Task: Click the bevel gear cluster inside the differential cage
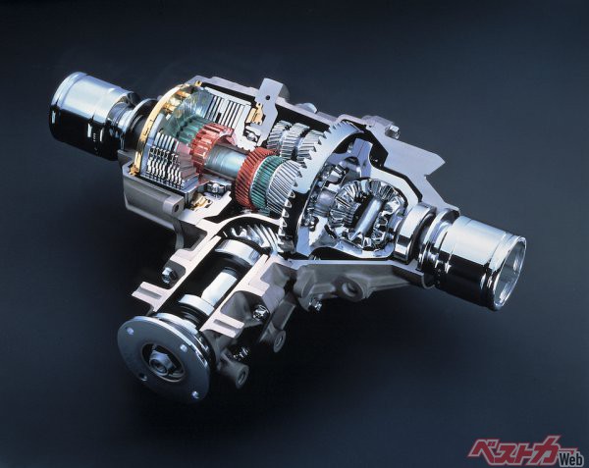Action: click(360, 210)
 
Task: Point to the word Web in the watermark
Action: click(570, 458)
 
